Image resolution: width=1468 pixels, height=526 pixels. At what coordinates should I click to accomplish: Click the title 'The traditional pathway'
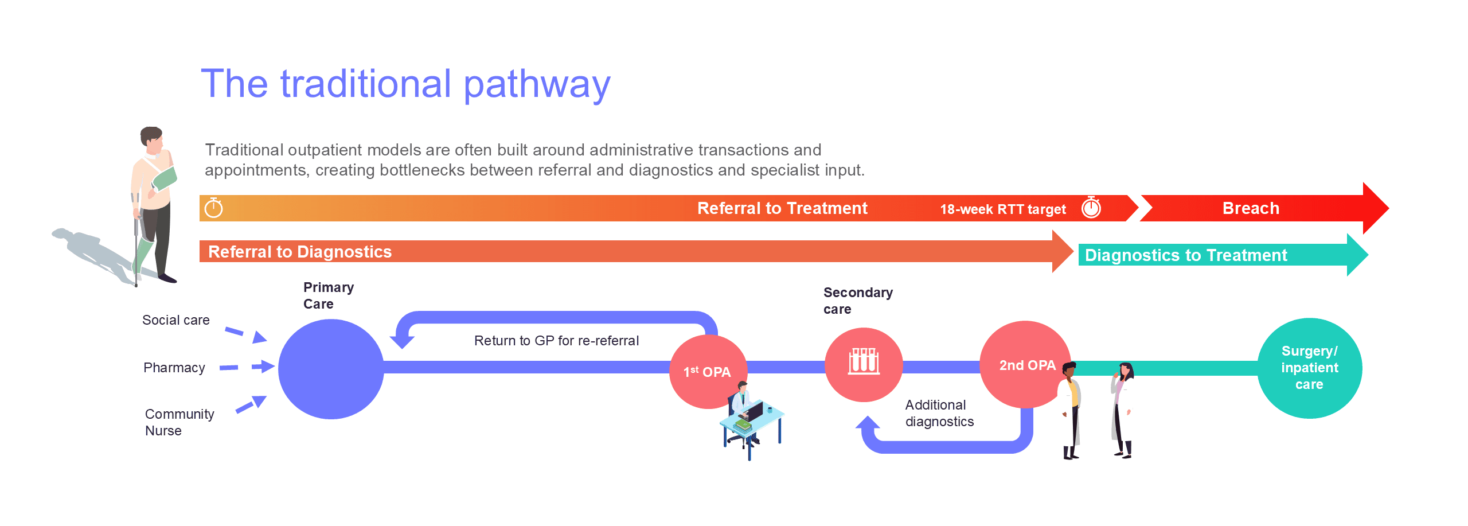click(405, 84)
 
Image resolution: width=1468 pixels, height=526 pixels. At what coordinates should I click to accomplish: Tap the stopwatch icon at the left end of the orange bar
click(213, 208)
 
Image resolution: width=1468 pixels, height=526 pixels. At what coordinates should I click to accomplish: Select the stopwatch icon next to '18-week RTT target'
click(1091, 207)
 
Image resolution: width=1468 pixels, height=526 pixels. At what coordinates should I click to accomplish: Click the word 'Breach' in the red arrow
click(1251, 208)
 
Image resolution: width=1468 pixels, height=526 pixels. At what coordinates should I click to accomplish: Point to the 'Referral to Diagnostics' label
click(300, 252)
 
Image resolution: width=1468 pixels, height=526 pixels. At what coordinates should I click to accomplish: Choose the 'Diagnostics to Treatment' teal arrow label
click(1186, 255)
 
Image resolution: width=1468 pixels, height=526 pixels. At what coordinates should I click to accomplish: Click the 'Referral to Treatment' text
click(782, 208)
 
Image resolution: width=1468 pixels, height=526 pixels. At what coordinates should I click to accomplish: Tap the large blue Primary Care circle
click(331, 369)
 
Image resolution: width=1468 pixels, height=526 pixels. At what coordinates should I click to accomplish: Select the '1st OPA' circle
click(709, 372)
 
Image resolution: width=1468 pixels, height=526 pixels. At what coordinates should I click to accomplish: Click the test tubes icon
click(864, 361)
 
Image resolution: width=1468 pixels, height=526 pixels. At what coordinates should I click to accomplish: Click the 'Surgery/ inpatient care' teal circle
click(1310, 368)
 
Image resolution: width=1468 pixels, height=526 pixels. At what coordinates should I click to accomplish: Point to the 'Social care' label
click(176, 320)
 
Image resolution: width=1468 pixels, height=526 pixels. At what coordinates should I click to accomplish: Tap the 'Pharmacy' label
click(174, 368)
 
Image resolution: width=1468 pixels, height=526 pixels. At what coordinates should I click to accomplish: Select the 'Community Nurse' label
click(179, 422)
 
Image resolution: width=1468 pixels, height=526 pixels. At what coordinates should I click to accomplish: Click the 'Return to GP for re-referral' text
click(556, 341)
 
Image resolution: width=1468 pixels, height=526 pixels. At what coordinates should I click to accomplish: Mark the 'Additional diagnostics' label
click(939, 413)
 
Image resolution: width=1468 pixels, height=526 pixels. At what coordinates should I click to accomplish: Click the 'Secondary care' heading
click(858, 301)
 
